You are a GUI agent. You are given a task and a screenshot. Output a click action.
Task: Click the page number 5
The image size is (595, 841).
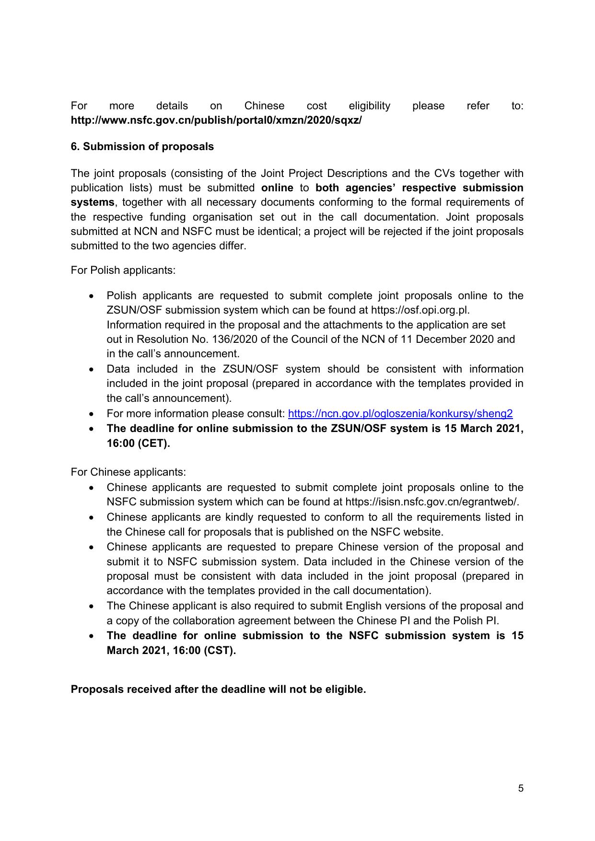(x=521, y=788)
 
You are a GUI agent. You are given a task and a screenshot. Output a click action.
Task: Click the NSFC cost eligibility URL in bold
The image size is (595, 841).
(x=216, y=120)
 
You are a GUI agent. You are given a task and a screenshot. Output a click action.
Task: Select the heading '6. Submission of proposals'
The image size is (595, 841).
(x=142, y=147)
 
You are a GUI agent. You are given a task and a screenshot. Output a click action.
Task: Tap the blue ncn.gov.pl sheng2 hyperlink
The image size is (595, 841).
(x=400, y=413)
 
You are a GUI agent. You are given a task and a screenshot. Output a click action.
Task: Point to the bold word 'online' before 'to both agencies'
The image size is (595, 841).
(x=277, y=187)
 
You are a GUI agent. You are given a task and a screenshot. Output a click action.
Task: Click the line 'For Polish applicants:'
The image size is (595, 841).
(x=123, y=270)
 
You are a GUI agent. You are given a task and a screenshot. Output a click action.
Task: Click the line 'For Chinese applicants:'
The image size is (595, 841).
(x=128, y=472)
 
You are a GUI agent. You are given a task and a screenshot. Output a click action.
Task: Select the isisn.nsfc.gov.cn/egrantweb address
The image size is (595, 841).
(x=432, y=502)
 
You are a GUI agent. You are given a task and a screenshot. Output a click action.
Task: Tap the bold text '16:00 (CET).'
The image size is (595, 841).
(x=139, y=443)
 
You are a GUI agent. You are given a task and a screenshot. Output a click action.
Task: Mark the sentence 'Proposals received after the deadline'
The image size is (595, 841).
(x=218, y=689)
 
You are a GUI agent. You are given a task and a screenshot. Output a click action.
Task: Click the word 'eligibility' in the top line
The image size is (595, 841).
(x=369, y=106)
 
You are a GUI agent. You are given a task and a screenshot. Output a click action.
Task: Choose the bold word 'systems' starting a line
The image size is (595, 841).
(x=93, y=202)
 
